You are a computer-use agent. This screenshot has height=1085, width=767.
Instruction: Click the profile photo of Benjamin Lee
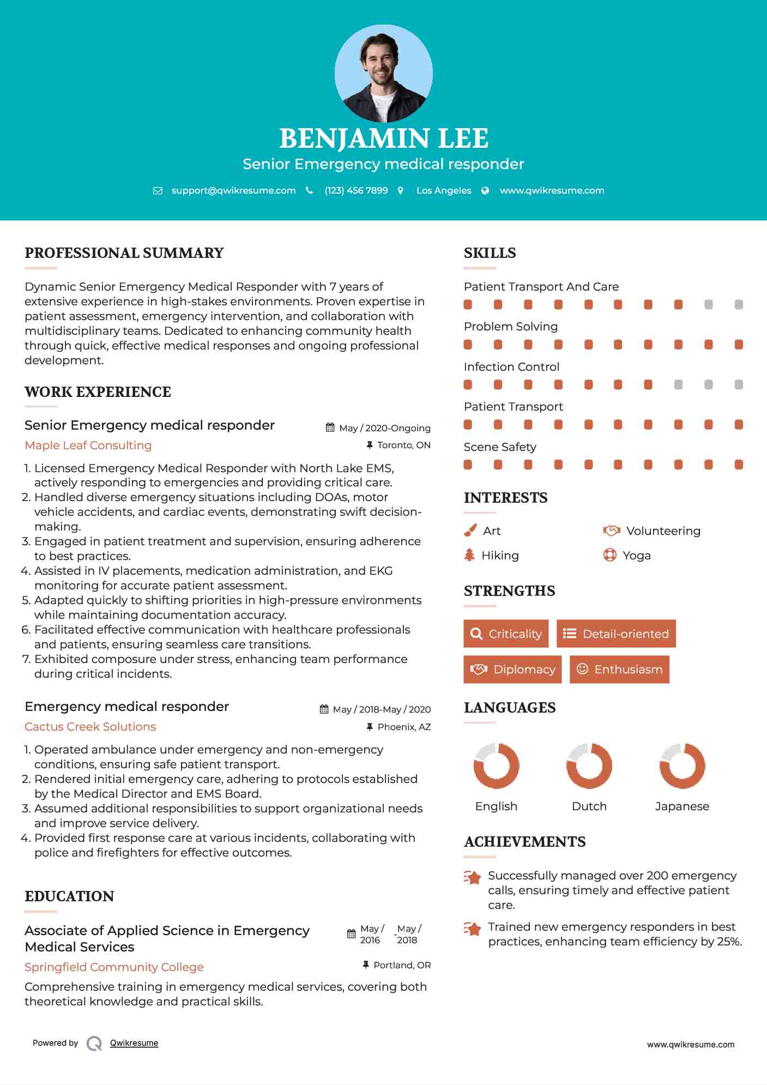coord(383,73)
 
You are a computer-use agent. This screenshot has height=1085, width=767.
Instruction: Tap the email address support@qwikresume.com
coord(233,190)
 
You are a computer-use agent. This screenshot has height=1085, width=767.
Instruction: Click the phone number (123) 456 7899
coord(356,190)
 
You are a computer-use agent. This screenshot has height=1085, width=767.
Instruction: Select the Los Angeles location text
coord(443,190)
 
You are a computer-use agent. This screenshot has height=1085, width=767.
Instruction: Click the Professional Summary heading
coord(124,253)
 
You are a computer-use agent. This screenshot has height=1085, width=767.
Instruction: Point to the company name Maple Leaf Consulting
coord(88,445)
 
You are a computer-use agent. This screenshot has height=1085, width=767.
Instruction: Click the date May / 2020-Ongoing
coord(384,428)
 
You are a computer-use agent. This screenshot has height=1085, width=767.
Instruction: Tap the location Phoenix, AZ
coord(404,727)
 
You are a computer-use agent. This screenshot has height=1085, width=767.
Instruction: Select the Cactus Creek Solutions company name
coord(90,727)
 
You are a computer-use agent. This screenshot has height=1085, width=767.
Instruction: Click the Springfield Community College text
coord(114,967)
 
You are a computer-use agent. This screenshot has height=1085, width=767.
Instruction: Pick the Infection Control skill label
coord(511,367)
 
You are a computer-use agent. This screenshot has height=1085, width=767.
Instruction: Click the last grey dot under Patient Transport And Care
coord(739,305)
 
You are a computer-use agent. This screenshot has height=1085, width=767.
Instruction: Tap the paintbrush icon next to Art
coord(470,531)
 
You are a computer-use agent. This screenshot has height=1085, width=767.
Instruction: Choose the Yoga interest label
coord(636,556)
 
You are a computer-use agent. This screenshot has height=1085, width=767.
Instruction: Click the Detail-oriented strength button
coord(616,634)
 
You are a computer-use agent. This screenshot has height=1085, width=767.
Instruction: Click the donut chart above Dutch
coord(589,765)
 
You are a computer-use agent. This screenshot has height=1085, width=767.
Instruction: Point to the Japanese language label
coord(682,806)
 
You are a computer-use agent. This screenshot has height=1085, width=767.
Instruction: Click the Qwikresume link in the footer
coord(134,1043)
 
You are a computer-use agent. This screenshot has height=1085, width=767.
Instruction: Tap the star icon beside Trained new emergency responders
coord(473,929)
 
